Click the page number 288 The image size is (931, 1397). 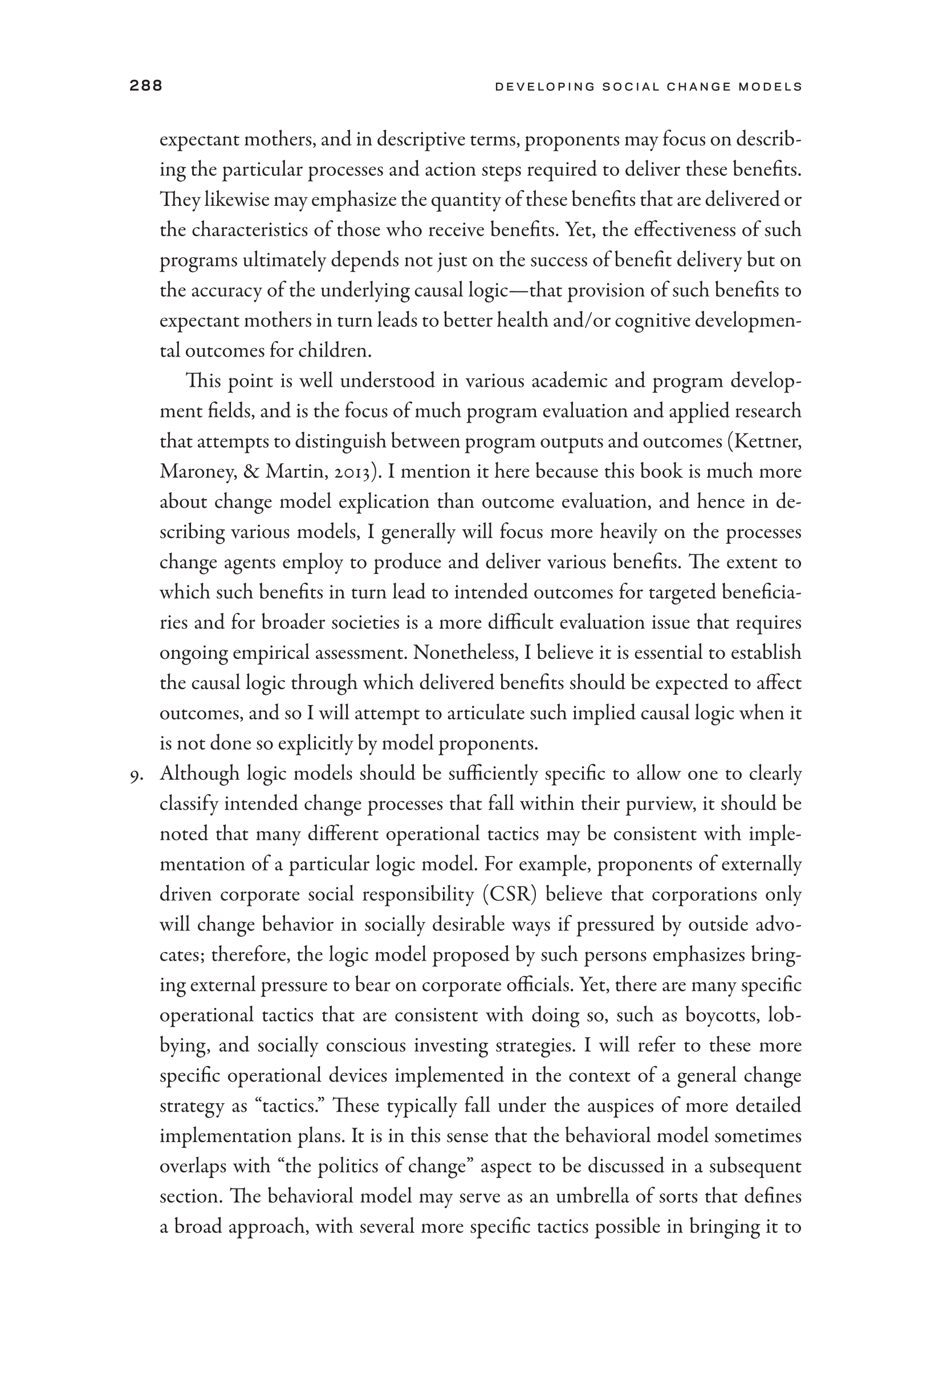tap(145, 86)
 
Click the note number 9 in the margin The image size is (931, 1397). tap(135, 775)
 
